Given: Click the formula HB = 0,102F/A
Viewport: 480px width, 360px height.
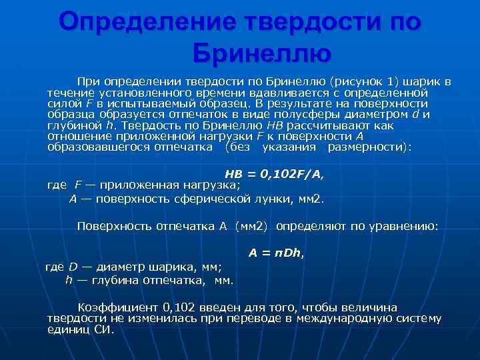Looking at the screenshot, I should [x=273, y=174].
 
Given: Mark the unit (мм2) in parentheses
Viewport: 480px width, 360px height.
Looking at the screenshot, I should [x=251, y=226].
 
